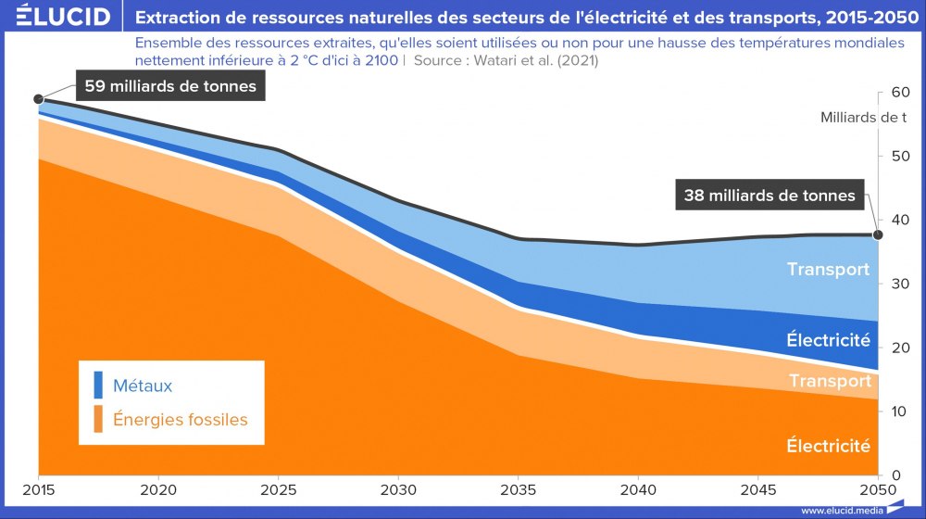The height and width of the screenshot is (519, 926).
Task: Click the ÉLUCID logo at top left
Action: tap(58, 17)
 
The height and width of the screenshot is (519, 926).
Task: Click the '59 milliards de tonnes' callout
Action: tap(170, 87)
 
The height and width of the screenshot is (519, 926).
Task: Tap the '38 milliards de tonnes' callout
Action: tap(770, 196)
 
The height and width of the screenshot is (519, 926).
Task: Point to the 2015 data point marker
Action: tap(38, 99)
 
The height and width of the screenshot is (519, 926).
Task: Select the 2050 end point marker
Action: tap(879, 234)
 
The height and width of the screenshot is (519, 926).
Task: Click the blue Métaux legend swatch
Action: tap(98, 385)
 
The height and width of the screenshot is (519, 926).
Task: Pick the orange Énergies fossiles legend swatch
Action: tap(98, 419)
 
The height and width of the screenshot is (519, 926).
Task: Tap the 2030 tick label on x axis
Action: tap(397, 489)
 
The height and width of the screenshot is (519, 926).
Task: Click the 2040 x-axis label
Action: tap(637, 489)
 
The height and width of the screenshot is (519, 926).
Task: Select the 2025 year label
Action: tap(278, 489)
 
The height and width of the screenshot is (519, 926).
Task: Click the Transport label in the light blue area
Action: tap(828, 270)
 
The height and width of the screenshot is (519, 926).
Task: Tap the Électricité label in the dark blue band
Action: tap(828, 340)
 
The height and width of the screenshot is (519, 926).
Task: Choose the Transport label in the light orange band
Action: tap(830, 381)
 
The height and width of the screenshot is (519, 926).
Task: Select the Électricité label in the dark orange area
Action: tap(828, 446)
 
